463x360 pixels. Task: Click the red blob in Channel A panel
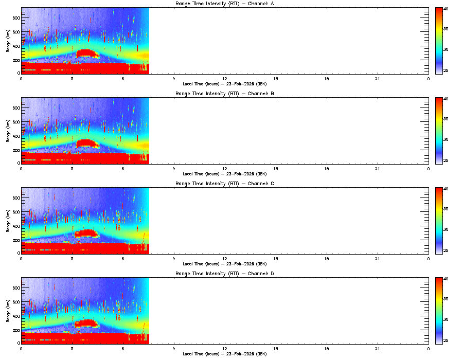[x=86, y=53]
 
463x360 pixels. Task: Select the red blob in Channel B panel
[x=86, y=143]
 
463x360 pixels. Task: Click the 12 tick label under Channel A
[x=224, y=78]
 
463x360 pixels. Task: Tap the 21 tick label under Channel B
[x=377, y=168]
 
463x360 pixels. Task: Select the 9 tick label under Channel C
[x=173, y=258]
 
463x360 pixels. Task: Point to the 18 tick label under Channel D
[x=326, y=348]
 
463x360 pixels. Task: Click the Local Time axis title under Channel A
[x=224, y=84]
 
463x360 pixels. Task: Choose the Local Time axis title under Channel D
[x=224, y=354]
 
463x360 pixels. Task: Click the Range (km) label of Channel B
[x=8, y=130]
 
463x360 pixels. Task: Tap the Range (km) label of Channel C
[x=8, y=220]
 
